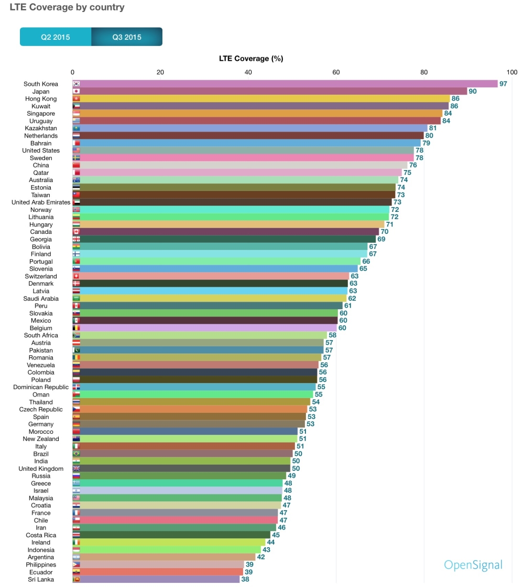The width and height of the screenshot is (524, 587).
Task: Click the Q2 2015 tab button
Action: click(56, 37)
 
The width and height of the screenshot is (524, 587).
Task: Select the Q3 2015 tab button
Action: click(127, 37)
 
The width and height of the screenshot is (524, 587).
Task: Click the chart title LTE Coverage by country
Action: click(67, 8)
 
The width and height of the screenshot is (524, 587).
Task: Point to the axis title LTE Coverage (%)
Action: click(251, 59)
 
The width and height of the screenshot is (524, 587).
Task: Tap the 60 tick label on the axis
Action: click(336, 72)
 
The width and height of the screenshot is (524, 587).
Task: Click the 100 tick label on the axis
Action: click(511, 72)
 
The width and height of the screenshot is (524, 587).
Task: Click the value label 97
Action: click(504, 84)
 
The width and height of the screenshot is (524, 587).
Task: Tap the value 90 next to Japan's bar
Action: click(473, 91)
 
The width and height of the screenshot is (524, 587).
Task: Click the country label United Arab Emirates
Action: click(41, 202)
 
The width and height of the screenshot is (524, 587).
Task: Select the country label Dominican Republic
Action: click(41, 387)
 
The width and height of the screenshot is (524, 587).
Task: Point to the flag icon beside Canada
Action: click(76, 232)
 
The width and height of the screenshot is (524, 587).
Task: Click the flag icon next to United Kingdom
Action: click(76, 469)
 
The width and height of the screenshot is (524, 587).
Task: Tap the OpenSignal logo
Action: click(473, 565)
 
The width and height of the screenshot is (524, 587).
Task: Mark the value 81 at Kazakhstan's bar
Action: click(433, 128)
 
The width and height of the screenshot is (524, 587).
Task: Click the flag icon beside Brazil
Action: click(76, 454)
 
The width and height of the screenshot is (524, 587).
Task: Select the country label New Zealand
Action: click(41, 439)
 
